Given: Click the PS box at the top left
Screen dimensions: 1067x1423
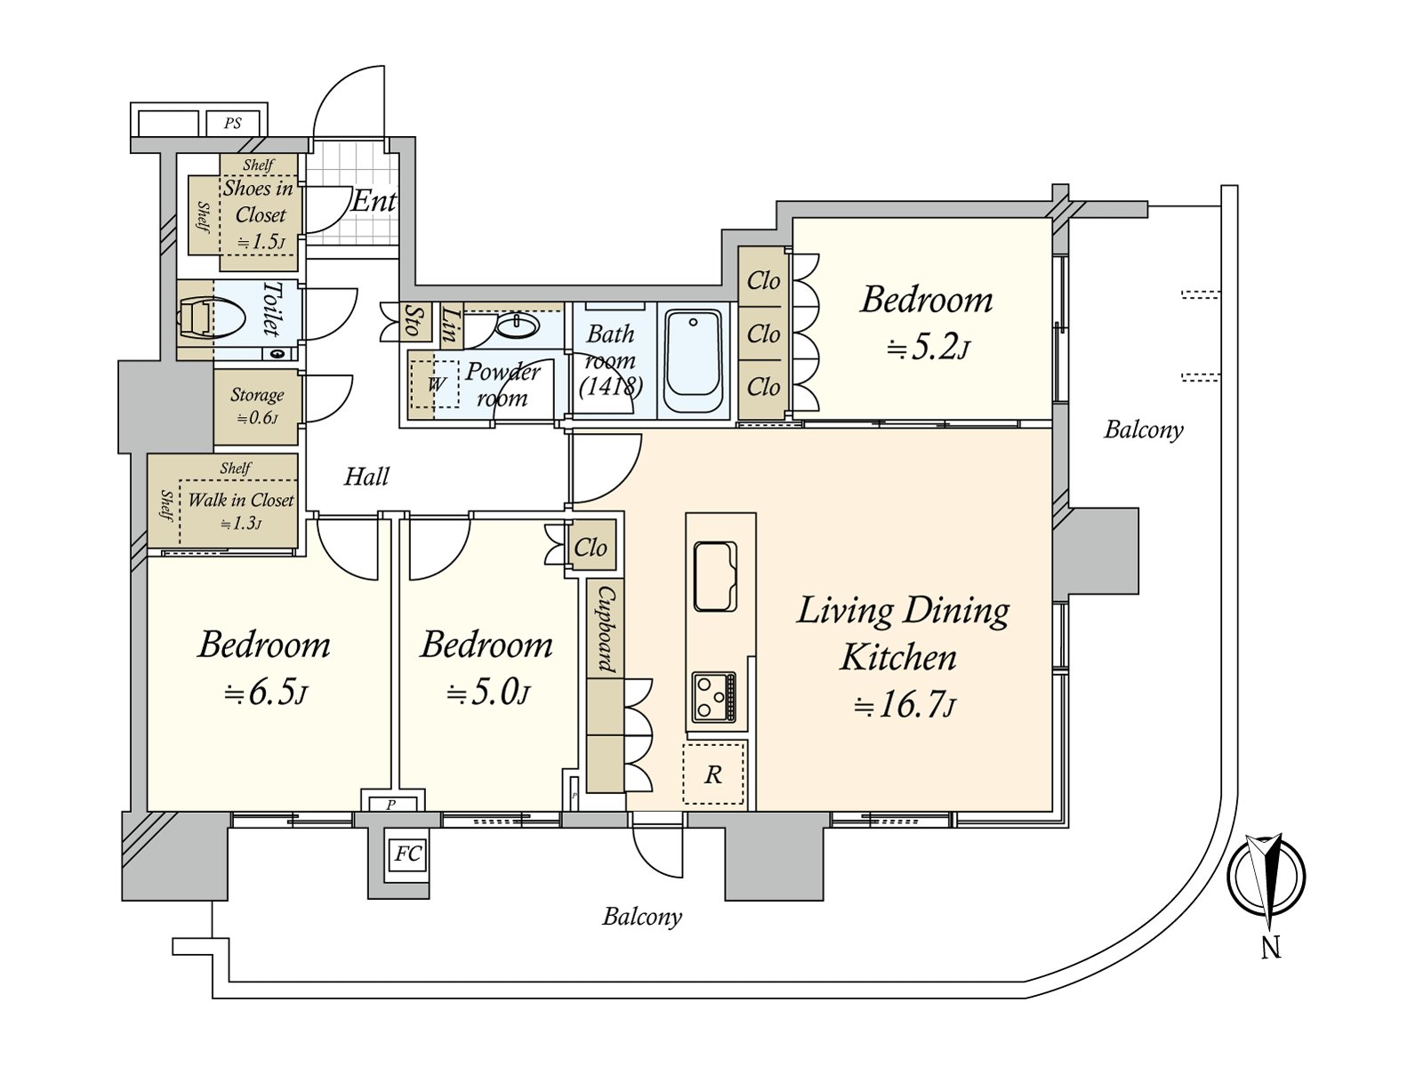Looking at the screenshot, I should (x=233, y=123).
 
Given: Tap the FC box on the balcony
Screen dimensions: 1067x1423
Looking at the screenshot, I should (x=407, y=854).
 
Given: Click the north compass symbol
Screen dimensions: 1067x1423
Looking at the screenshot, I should (x=1266, y=876).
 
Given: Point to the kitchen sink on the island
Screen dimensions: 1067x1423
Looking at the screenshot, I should (x=715, y=576).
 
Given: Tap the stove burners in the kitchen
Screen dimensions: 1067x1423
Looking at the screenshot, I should (x=714, y=697).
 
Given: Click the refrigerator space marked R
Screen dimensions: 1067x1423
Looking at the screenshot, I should (x=713, y=774).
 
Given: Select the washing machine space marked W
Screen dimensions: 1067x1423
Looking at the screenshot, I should (x=435, y=384).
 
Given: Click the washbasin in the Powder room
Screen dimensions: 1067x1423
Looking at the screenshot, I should (x=516, y=326).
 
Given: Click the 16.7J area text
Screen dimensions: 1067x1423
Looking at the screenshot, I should (x=904, y=705).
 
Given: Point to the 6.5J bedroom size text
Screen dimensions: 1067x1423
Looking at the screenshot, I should (x=264, y=693).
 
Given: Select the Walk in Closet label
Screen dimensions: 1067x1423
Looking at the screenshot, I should (x=240, y=501).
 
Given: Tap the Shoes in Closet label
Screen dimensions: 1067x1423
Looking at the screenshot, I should (x=259, y=202).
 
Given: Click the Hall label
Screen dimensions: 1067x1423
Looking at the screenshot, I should (x=366, y=477).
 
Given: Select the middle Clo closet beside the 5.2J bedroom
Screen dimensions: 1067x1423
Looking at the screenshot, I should (x=763, y=334).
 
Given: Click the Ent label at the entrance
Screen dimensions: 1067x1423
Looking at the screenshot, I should (x=373, y=202).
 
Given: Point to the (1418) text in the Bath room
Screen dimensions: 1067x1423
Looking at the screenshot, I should (x=610, y=387).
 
